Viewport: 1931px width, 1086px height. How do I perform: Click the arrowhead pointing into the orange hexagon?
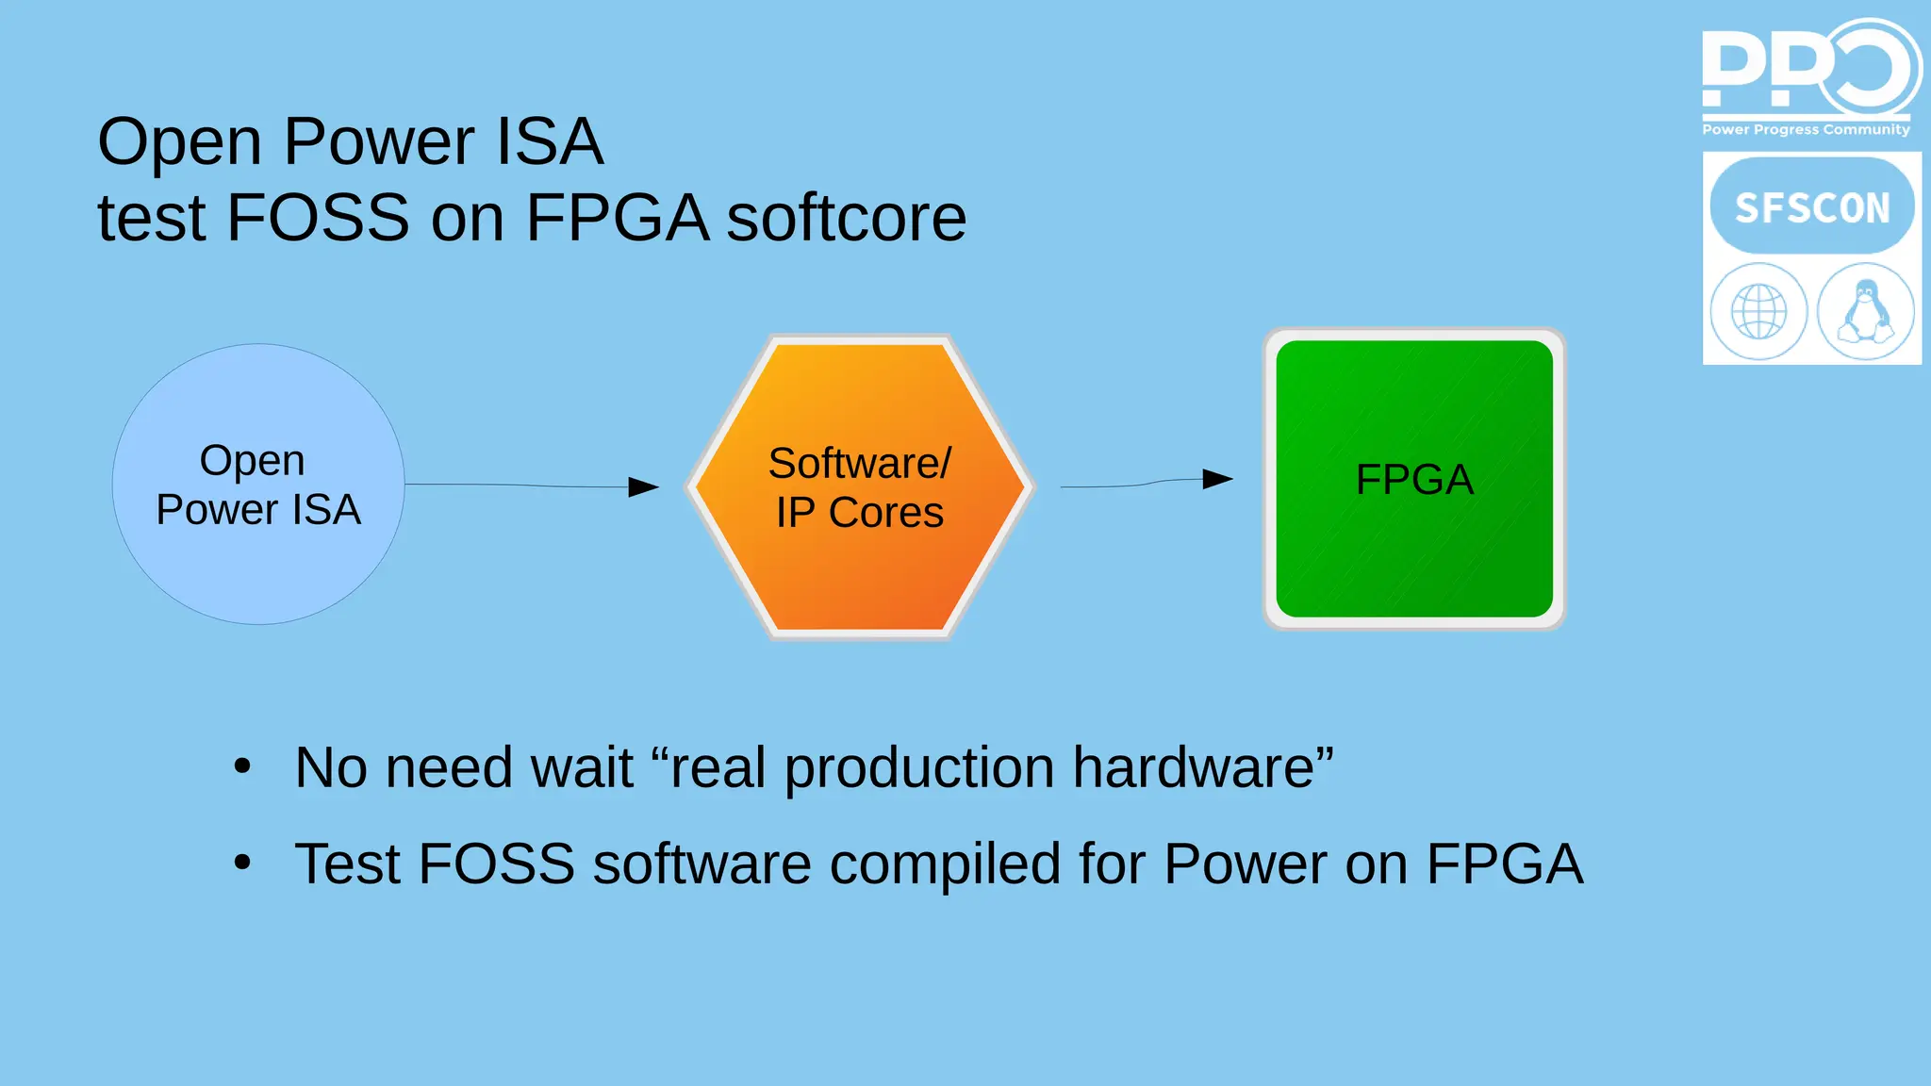(x=644, y=486)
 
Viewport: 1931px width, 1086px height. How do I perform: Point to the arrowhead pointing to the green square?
(x=1217, y=479)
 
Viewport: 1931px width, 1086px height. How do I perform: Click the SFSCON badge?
(x=1812, y=207)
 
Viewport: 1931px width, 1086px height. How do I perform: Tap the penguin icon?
(x=1866, y=312)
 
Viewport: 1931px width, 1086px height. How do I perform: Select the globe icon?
(x=1758, y=312)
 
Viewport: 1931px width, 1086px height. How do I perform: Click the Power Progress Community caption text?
(x=1806, y=129)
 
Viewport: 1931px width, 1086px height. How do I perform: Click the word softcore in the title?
(x=846, y=219)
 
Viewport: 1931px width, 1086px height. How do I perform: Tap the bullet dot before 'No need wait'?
(x=242, y=766)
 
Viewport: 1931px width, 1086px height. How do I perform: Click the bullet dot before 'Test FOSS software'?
(x=242, y=862)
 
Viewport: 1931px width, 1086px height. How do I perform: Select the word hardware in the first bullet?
(x=1202, y=767)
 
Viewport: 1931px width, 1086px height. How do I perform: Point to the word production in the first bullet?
(x=918, y=769)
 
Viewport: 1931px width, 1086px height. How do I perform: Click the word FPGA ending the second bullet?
(x=1504, y=864)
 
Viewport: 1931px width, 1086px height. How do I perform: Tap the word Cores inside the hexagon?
(x=885, y=513)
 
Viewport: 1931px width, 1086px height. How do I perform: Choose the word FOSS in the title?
(x=319, y=219)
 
